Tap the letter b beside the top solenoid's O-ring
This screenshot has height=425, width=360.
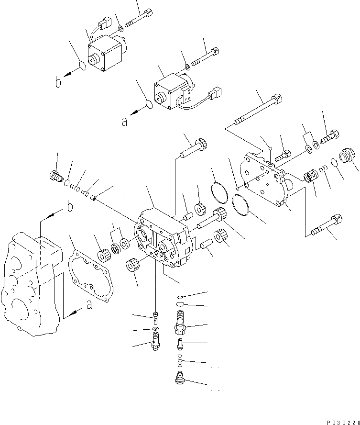tap(58, 83)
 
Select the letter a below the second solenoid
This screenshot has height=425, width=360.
tap(124, 122)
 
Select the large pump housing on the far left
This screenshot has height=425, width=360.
tap(32, 282)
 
